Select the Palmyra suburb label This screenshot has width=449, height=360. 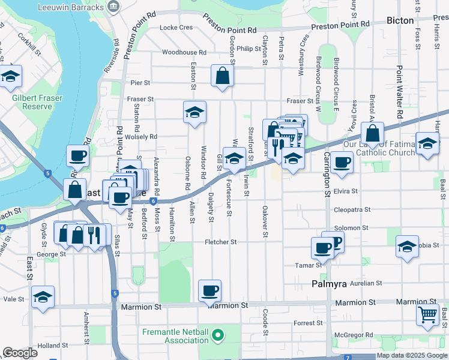tap(329, 284)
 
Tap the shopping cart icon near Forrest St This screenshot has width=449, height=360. tap(427, 314)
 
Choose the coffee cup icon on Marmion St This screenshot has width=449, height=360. tap(209, 292)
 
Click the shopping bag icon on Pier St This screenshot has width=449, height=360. tap(222, 76)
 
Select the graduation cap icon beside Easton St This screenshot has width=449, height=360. tap(194, 112)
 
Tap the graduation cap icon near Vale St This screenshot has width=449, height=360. tap(43, 296)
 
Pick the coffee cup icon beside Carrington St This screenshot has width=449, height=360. tap(342, 161)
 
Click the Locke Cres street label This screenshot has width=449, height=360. tap(176, 28)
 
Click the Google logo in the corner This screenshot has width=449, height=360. tap(20, 353)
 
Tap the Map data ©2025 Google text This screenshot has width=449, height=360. tap(412, 356)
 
